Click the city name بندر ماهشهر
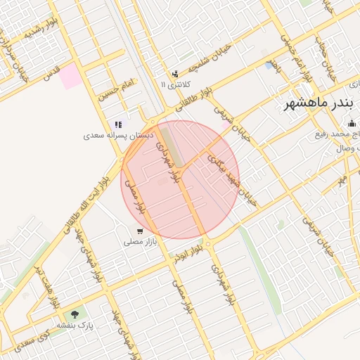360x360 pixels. tap(315, 104)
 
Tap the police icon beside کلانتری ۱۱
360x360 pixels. tap(174, 74)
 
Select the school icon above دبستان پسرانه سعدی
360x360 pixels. tap(118, 124)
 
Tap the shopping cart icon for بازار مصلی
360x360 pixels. tap(140, 231)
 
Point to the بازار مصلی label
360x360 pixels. tap(140, 241)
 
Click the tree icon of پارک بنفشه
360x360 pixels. tap(75, 314)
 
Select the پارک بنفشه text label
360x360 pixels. tap(75, 325)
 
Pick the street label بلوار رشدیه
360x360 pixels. tap(41, 29)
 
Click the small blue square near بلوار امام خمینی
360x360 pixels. tap(271, 65)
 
